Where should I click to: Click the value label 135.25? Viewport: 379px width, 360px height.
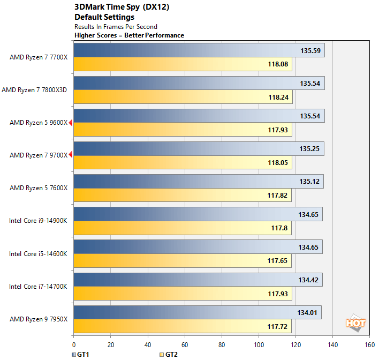coord(309,149)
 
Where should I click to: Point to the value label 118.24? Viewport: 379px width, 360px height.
coord(278,97)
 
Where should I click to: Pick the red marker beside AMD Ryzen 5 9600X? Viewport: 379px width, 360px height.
coord(71,123)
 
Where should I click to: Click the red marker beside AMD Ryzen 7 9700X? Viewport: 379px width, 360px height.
coord(71,155)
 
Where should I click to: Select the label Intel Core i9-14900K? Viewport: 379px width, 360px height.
coord(37,221)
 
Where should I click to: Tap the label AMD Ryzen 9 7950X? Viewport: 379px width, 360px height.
coord(39,319)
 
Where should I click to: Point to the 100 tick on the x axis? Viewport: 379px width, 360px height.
coord(259,345)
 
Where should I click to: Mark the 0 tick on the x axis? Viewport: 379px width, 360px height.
coord(74,345)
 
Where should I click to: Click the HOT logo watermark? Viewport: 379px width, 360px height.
coord(355,322)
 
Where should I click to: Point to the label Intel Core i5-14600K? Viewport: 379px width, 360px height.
coord(38,253)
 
